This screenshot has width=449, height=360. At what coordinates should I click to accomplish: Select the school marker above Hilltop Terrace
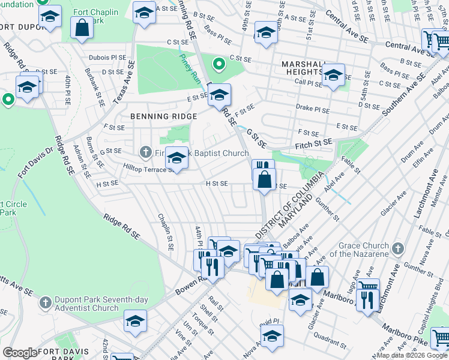(x=176, y=158)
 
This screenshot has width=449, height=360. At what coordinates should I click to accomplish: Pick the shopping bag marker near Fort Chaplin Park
(x=81, y=28)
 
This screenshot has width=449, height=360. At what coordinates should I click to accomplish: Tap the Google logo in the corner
(x=20, y=353)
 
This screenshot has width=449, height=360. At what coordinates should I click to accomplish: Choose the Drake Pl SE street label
(x=313, y=110)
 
